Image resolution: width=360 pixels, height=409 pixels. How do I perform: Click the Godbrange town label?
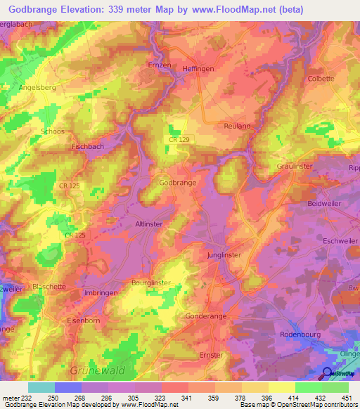pyautogui.click(x=177, y=182)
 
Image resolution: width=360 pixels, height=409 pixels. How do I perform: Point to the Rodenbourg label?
pyautogui.click(x=300, y=335)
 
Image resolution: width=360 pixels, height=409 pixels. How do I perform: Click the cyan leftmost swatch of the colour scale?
pyautogui.click(x=41, y=387)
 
